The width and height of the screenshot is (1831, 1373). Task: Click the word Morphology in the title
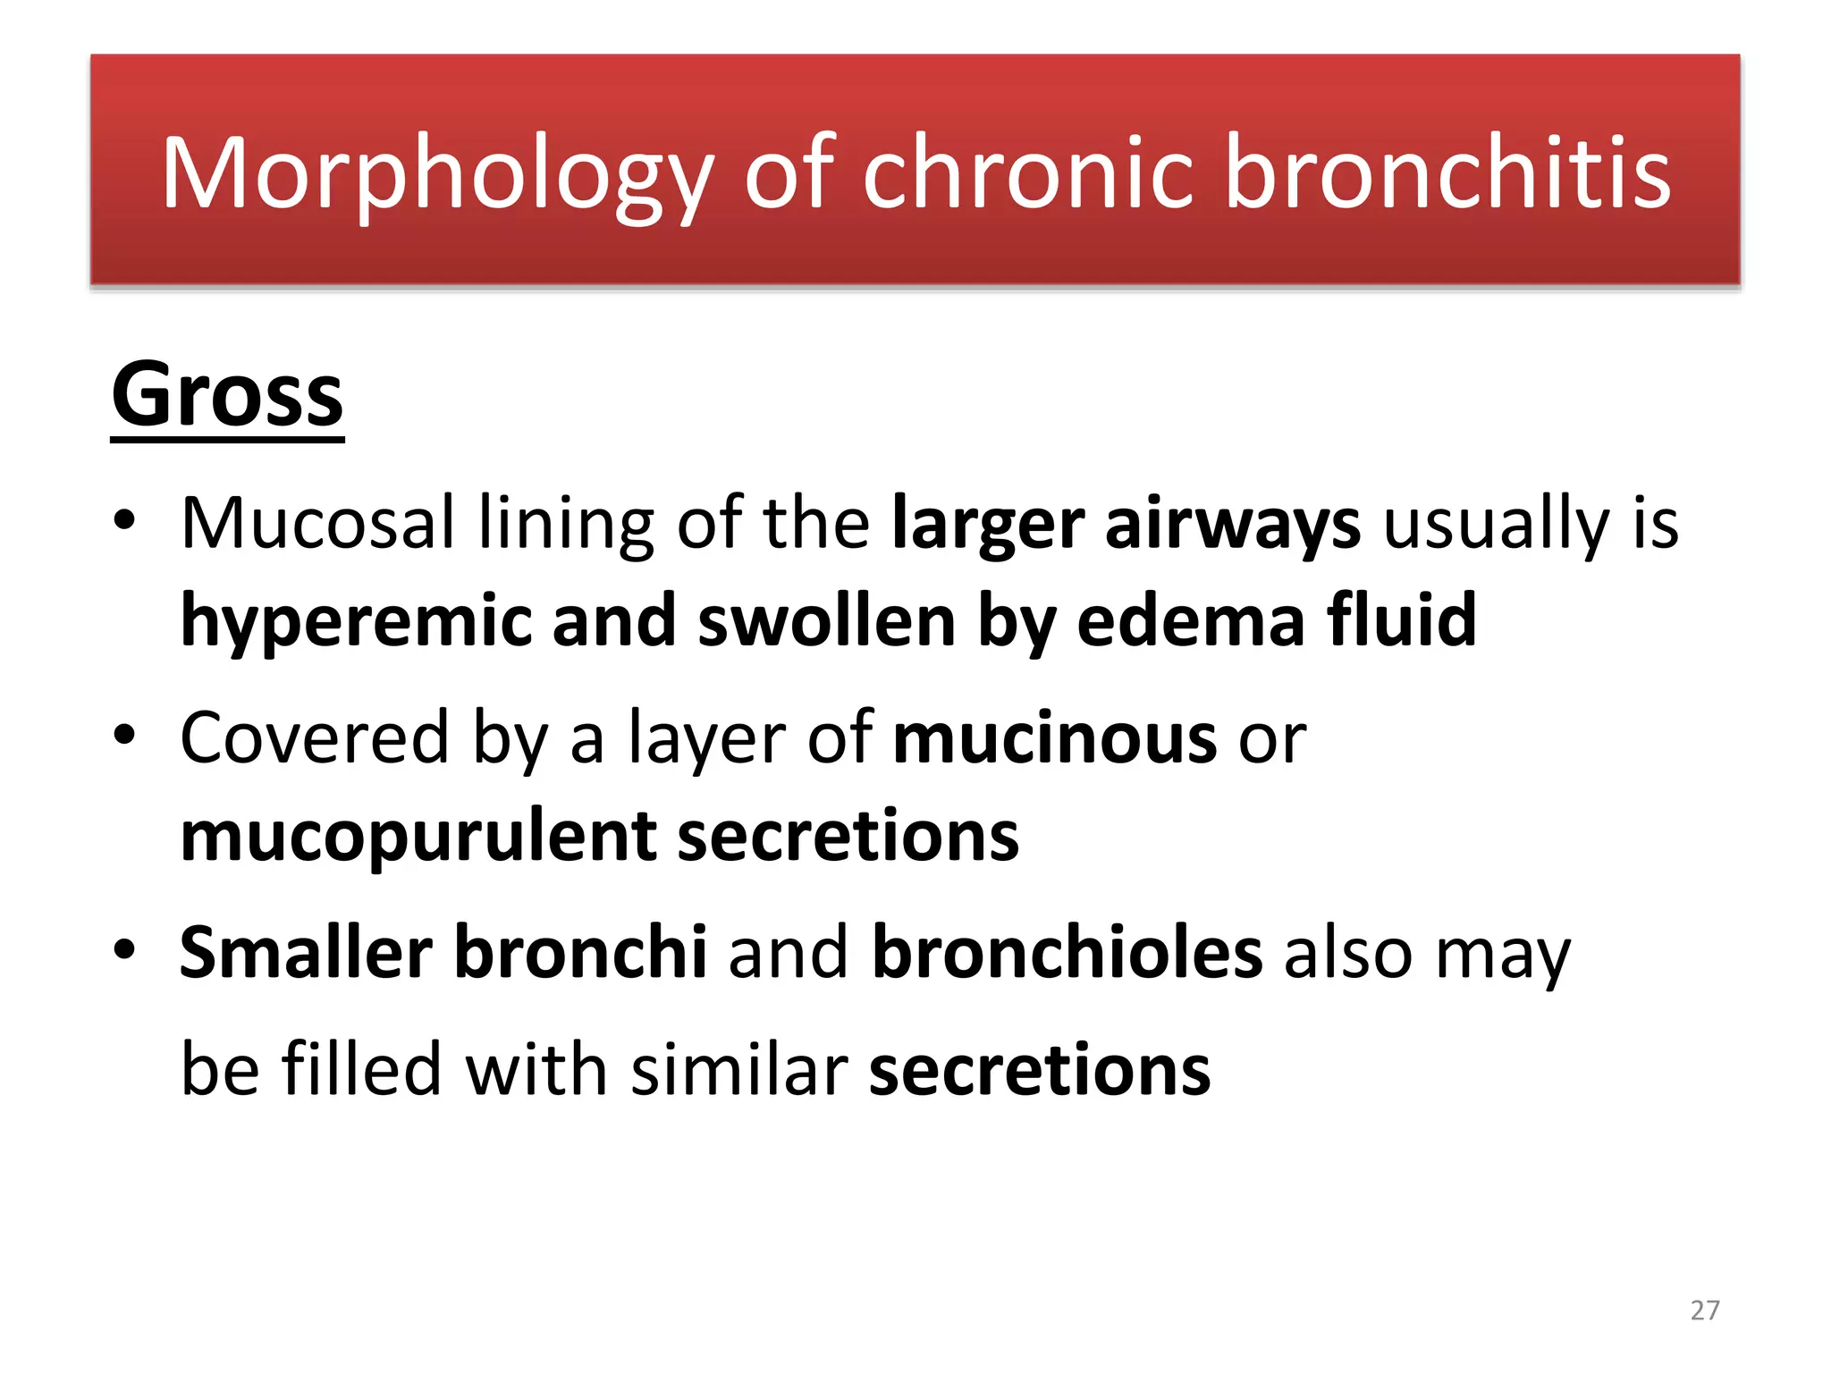[x=436, y=174]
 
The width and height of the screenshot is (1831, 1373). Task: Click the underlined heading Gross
[x=227, y=395]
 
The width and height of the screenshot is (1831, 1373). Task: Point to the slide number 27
[x=1705, y=1310]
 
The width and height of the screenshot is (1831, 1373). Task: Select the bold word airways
[x=1233, y=525]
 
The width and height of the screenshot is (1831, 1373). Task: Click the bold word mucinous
[x=1055, y=738]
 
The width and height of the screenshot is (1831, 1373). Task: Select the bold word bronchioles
[x=1067, y=953]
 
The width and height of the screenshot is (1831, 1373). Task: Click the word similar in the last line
[x=738, y=1069]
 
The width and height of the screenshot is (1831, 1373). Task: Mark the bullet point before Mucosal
[x=124, y=520]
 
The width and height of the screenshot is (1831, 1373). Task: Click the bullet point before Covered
[x=124, y=736]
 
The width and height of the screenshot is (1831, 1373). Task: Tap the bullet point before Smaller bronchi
[x=124, y=949]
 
